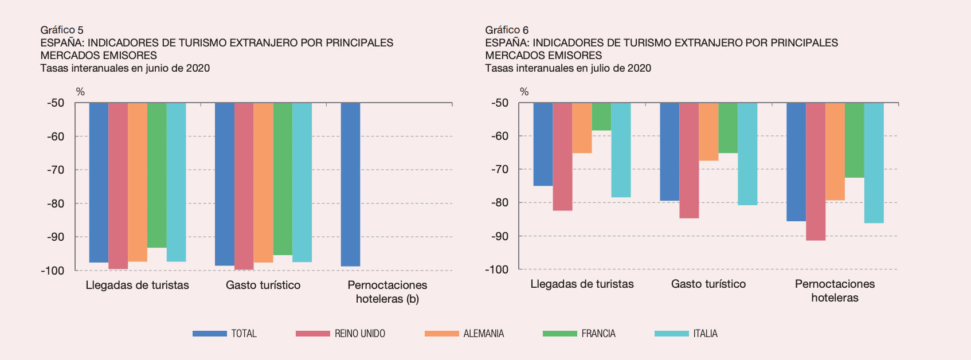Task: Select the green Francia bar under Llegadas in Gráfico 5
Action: coord(156,175)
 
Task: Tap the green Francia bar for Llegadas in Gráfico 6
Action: coord(601,116)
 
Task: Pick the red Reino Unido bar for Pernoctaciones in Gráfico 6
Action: coord(815,171)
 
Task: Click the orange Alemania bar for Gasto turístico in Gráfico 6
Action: coord(708,131)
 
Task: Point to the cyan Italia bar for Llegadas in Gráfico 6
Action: coord(621,150)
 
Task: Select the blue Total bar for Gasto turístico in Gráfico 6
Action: coord(669,151)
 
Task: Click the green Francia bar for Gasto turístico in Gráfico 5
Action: coord(283,178)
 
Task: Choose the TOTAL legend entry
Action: coord(225,334)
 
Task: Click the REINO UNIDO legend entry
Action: coord(340,334)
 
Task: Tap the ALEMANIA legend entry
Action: coord(464,334)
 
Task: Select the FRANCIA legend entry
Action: coord(579,334)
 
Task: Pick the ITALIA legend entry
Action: coord(686,334)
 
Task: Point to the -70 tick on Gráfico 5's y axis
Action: coord(56,170)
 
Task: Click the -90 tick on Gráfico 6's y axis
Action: coord(500,236)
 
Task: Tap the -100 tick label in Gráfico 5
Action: coord(52,271)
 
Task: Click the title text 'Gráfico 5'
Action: coord(62,30)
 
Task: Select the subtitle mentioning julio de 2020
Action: coord(567,68)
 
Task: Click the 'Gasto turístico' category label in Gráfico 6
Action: coord(708,284)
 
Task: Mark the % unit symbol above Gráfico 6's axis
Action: coord(524,92)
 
